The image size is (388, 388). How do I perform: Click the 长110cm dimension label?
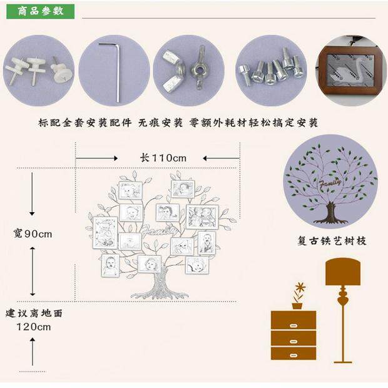click(x=163, y=158)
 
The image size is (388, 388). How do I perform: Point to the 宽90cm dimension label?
click(x=33, y=233)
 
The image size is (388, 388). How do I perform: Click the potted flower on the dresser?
click(x=299, y=295)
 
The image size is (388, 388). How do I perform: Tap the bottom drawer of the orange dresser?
click(x=293, y=354)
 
